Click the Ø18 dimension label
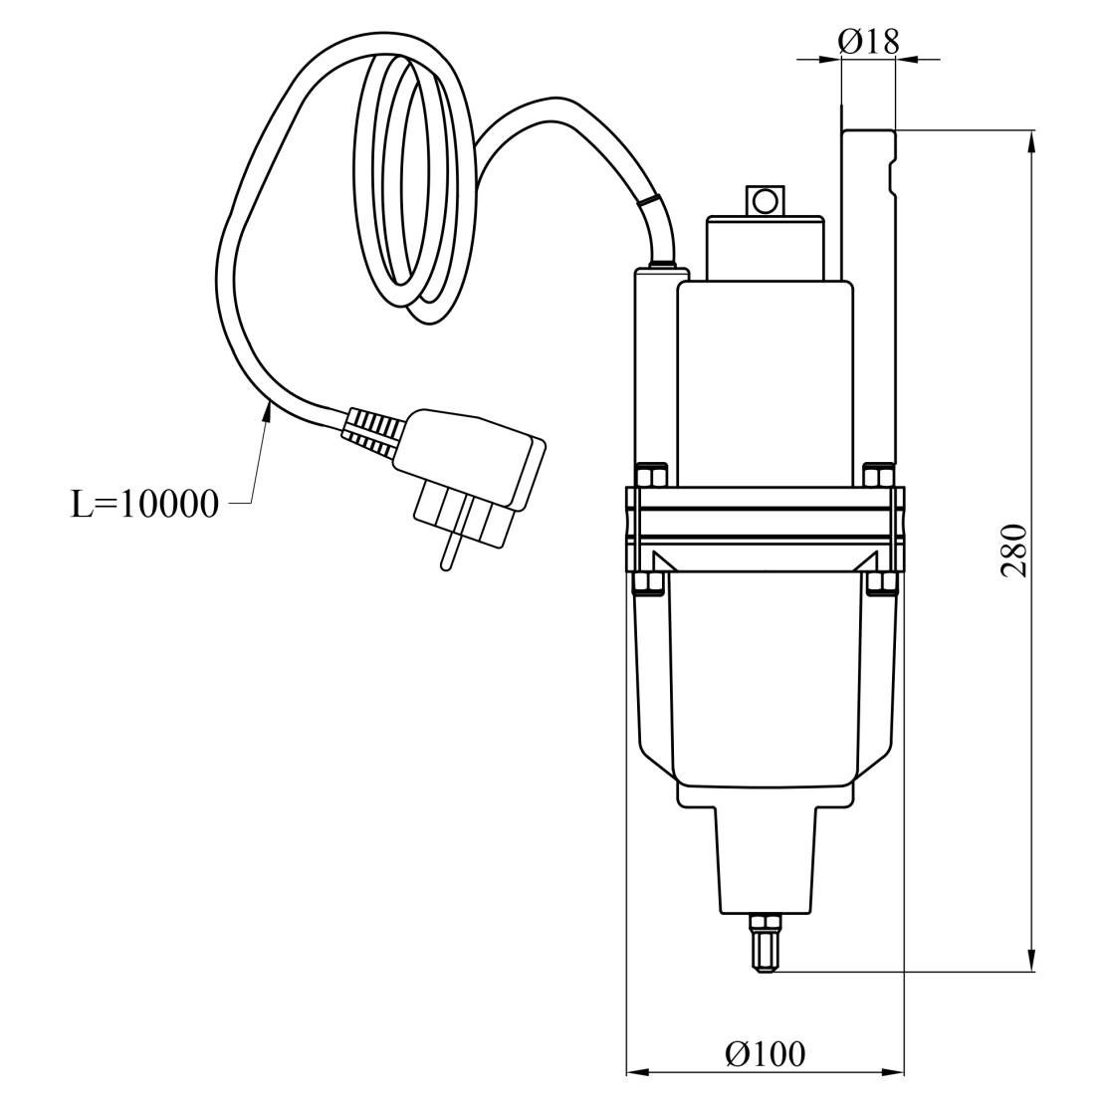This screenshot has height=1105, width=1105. [869, 42]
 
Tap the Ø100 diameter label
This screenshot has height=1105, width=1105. [765, 1054]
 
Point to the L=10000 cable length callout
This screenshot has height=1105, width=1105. [145, 505]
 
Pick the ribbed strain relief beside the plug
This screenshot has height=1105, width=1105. [370, 430]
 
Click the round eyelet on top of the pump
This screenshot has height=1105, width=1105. [764, 202]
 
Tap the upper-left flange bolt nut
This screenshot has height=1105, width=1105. [652, 474]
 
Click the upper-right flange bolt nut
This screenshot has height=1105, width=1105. [879, 474]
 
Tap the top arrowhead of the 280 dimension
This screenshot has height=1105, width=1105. [1032, 141]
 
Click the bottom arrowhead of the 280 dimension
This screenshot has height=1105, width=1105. [1032, 961]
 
